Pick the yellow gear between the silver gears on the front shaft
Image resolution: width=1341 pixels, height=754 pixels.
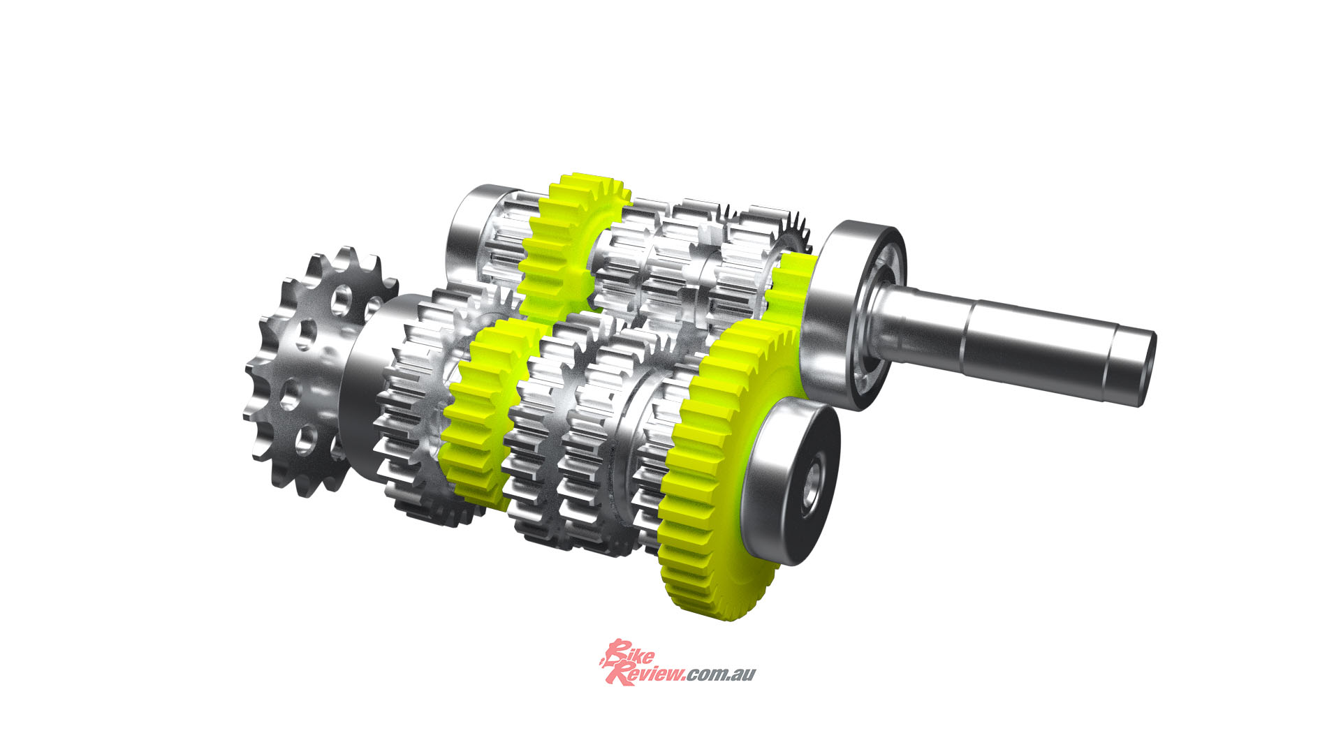pyautogui.click(x=482, y=412)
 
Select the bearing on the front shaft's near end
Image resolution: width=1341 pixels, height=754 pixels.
pyautogui.click(x=793, y=482)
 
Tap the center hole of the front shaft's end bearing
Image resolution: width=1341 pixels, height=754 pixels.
pyautogui.click(x=814, y=489)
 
